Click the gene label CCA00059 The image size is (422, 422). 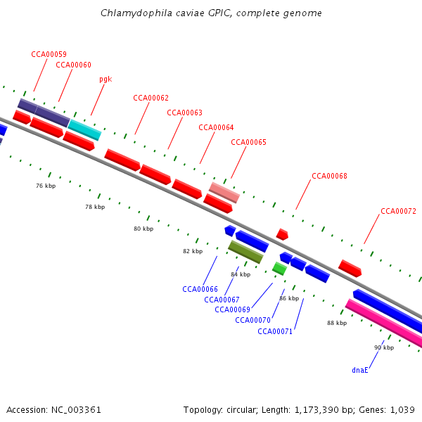pos(49,54)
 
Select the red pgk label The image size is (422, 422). pos(105,79)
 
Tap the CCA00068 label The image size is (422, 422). pos(329,176)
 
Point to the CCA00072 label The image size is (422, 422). pos(398,211)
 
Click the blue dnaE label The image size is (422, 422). pos(360,370)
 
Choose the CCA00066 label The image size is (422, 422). pos(200,289)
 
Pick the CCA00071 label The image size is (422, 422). pos(275,331)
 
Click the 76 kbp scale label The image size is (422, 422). pos(45,186)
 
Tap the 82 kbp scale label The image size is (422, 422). pos(192,251)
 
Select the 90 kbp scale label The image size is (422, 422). pos(384,347)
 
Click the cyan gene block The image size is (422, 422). pos(84,129)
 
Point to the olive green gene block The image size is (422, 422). pos(245,251)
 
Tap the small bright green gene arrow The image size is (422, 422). pos(279,268)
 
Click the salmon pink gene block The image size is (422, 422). pos(224,192)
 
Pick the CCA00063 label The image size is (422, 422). pos(184,113)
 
